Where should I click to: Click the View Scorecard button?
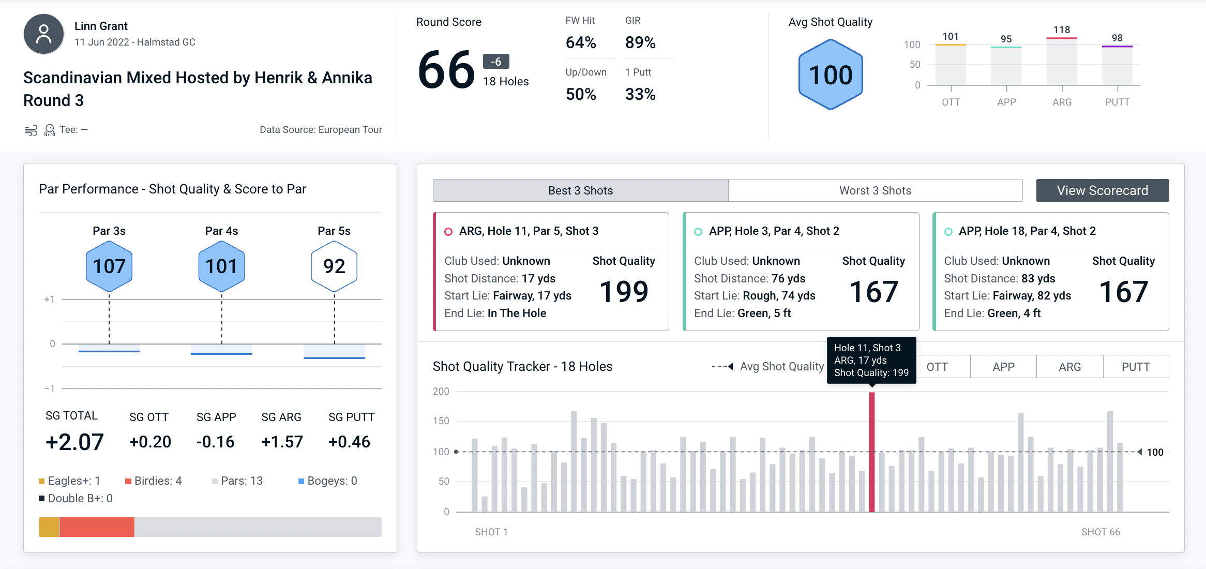pos(1102,190)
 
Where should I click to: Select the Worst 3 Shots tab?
pos(875,190)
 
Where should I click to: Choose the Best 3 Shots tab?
pos(580,190)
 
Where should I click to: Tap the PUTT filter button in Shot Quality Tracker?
pos(1135,367)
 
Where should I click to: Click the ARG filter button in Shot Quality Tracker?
pos(1069,367)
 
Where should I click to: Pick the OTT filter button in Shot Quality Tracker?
pos(937,367)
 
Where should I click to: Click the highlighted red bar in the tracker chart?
pos(871,453)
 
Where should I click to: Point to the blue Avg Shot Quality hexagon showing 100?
pos(831,75)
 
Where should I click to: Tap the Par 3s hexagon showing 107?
pos(109,266)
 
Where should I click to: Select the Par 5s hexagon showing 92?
pos(334,266)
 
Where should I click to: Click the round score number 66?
pos(446,70)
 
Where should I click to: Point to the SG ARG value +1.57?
pos(282,442)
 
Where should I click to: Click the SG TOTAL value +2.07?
pos(74,442)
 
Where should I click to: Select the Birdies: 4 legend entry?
pos(154,481)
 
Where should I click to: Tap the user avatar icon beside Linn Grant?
pos(44,34)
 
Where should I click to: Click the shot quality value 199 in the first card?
pos(624,292)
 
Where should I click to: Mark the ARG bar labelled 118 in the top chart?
pos(1062,61)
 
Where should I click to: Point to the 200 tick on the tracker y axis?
pos(441,392)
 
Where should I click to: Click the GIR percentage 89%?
pos(640,42)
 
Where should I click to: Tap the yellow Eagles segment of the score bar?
pos(49,527)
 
